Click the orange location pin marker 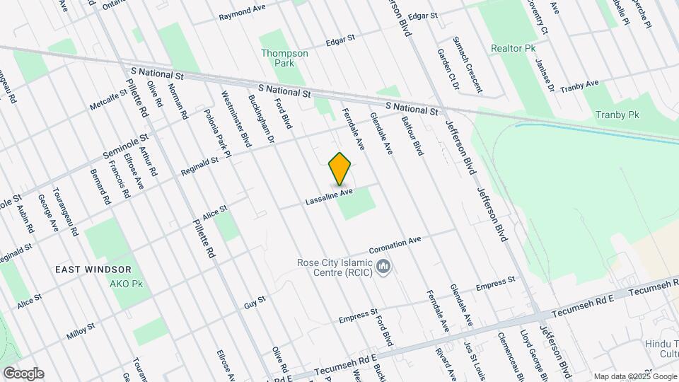point(340,169)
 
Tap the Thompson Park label point(284,57)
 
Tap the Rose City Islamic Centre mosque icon point(383,267)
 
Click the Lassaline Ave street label point(329,196)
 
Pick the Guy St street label point(255,302)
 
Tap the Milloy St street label point(81,331)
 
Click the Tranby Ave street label point(579,89)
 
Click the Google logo point(23,373)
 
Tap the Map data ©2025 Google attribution point(634,376)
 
